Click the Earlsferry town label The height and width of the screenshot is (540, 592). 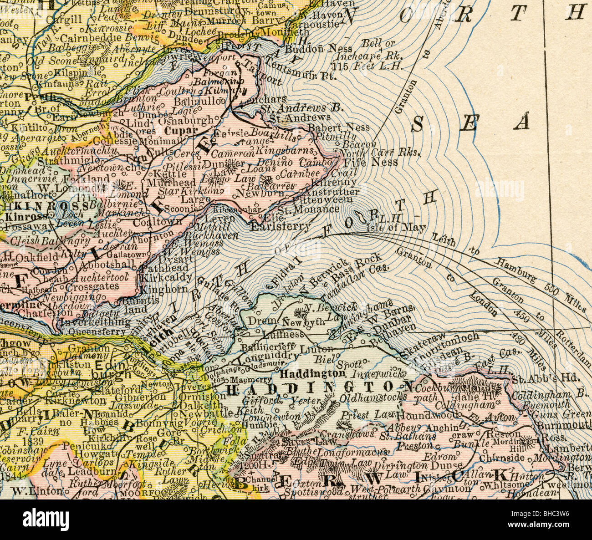(x=281, y=226)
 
